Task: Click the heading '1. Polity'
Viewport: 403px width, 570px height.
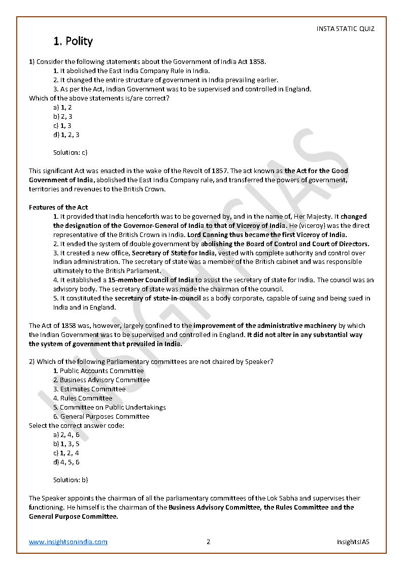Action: coord(73,41)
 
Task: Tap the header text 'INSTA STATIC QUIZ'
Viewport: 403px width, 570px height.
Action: coord(345,29)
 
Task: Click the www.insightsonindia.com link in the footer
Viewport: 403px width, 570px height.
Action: coord(68,542)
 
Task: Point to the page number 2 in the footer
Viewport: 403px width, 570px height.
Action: coord(208,542)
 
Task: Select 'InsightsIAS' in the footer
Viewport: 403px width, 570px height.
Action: coord(353,542)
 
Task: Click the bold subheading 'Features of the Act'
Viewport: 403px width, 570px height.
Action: coord(58,207)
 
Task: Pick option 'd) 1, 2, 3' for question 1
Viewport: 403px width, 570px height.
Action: coord(66,135)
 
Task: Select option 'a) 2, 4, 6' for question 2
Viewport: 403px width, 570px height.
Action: coord(66,434)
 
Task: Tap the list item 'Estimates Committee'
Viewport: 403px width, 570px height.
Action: coord(92,389)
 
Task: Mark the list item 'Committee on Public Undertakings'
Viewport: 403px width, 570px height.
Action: coord(113,407)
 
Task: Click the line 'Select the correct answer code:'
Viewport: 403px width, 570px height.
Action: coord(77,425)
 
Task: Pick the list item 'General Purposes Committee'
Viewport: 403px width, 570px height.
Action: coord(105,416)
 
